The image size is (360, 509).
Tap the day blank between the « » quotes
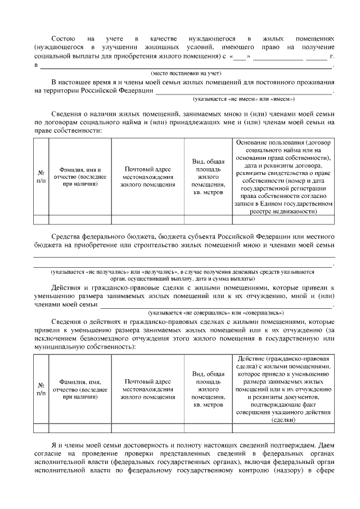point(239,57)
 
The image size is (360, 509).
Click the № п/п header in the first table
point(41,177)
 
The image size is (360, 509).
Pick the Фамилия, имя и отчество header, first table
point(80,177)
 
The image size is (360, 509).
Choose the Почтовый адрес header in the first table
point(148,177)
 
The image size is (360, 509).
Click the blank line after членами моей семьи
point(216,304)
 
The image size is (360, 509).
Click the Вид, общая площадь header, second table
point(208,389)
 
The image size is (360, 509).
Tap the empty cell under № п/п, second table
point(41,428)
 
